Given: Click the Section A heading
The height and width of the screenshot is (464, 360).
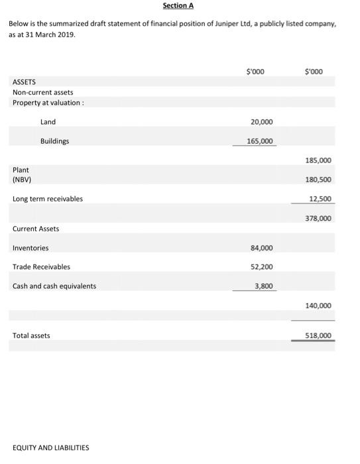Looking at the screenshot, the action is coord(178,6).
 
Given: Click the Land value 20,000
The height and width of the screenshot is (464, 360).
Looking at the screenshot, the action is coord(262,122).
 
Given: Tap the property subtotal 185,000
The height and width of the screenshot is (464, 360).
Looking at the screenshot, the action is coord(318,160).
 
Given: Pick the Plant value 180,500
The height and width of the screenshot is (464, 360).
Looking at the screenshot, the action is coord(318,180).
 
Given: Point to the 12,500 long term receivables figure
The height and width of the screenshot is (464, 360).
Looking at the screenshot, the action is coord(320,199).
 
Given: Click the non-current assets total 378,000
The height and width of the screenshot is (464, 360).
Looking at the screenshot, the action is coord(318,218).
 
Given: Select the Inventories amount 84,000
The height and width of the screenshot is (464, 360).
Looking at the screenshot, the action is coord(262,248).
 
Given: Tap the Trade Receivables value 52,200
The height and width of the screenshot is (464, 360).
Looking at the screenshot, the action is coord(262,267).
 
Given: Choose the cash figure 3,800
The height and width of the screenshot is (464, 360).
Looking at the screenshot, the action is coord(264,286).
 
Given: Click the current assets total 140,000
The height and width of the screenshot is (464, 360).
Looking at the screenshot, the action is coord(318,306).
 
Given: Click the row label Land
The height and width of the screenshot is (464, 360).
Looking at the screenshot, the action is coord(48,122).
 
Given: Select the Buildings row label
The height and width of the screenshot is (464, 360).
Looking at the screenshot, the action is coord(54,141).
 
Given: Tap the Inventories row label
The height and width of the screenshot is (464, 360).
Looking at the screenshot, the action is coord(30,248).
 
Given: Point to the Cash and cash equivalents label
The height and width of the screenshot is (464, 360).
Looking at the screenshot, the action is coord(54,286).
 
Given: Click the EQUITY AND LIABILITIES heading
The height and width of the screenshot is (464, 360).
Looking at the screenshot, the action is coord(50,447).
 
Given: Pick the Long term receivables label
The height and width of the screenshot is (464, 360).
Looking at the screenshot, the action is coord(48,199).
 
